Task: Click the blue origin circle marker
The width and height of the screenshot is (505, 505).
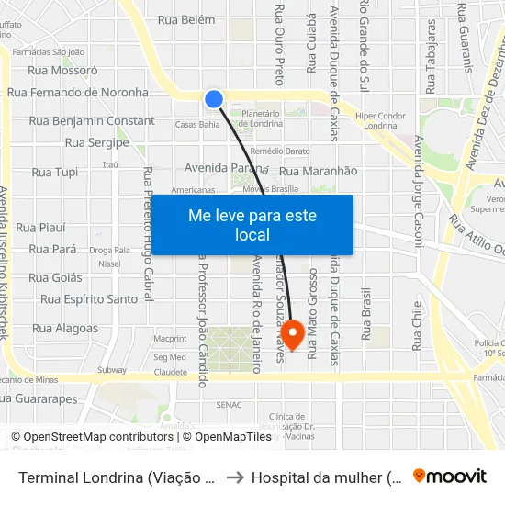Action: point(214,99)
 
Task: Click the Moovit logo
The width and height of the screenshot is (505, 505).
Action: point(450,477)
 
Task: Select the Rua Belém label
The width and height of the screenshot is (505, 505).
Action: point(186,19)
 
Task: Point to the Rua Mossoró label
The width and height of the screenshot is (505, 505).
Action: point(63,69)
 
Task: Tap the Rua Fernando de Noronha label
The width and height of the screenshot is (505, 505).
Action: point(78,93)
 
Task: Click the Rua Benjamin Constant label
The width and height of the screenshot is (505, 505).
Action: point(92,121)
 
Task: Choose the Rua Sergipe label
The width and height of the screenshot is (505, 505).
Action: point(96,143)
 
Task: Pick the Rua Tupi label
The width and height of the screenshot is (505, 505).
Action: point(55,172)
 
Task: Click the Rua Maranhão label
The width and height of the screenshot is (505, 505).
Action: point(318,171)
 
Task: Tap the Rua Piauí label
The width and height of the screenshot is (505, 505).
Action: point(40,227)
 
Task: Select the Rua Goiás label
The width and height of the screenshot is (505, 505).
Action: point(55,277)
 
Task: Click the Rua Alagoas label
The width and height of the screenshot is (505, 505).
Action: point(65,328)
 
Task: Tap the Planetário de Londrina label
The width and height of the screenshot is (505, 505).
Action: point(260,118)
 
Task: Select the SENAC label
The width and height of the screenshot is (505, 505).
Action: point(229,404)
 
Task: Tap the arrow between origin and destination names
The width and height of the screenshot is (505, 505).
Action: point(234,477)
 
